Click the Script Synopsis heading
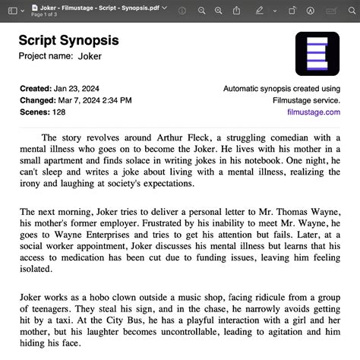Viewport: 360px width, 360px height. (x=68, y=40)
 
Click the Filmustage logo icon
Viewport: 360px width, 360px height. (x=317, y=53)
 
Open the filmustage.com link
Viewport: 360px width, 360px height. (x=314, y=112)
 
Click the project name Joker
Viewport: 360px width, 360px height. (x=90, y=56)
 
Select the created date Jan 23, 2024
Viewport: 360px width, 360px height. (x=80, y=89)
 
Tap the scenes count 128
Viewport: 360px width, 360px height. (x=58, y=112)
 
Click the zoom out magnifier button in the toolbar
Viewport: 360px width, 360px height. (x=202, y=11)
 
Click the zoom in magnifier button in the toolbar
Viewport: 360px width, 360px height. (x=219, y=11)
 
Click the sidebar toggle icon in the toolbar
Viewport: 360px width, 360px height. (x=13, y=11)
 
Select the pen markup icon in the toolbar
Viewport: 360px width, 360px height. (x=260, y=11)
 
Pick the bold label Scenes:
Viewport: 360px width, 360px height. (x=33, y=112)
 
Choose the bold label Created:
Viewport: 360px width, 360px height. (x=36, y=89)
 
